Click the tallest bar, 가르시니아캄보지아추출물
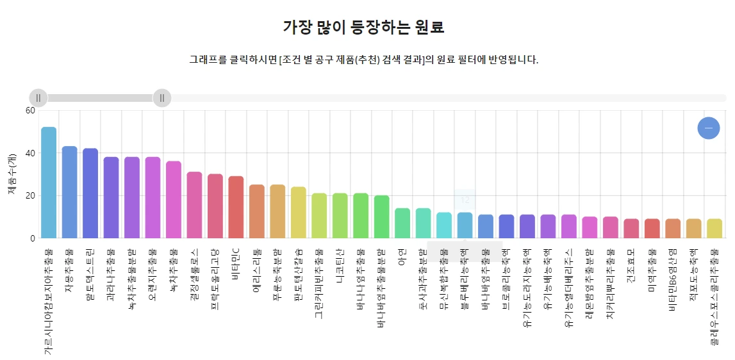point(49,183)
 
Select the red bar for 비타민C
point(236,207)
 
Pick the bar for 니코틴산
point(340,215)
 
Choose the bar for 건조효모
point(631,228)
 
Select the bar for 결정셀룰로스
point(194,205)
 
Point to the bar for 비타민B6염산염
point(673,228)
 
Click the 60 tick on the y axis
point(29,110)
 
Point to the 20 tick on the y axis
point(29,195)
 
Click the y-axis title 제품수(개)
point(12,174)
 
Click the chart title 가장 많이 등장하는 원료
point(363,28)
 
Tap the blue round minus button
point(708,128)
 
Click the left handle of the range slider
point(38,98)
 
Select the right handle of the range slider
point(162,98)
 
